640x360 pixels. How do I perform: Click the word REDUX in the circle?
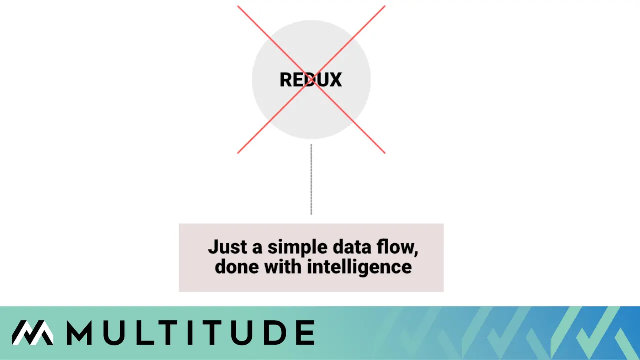click(x=311, y=80)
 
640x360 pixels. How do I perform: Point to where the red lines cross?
click(x=311, y=80)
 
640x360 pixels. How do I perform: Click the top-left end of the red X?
click(x=238, y=7)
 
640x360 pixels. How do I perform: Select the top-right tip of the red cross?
click(x=384, y=7)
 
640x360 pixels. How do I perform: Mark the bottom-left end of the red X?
click(x=238, y=152)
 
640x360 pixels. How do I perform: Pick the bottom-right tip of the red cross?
click(x=384, y=152)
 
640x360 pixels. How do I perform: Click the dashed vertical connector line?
click(x=311, y=180)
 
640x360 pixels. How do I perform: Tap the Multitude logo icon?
click(x=33, y=333)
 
